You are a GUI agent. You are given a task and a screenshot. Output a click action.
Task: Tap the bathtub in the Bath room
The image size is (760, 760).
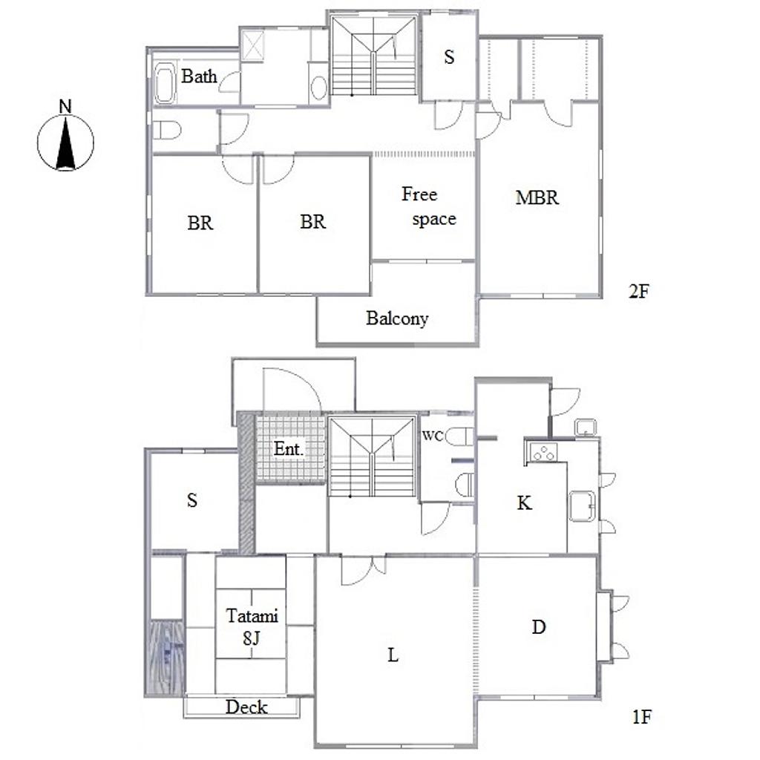click(165, 83)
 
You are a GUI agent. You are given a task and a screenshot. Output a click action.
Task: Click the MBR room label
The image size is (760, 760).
click(537, 197)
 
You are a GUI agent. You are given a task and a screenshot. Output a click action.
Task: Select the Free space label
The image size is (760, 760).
click(428, 206)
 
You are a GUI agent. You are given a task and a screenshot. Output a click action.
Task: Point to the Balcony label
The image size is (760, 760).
click(397, 318)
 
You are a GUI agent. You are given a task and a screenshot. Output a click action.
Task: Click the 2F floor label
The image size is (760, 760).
click(638, 291)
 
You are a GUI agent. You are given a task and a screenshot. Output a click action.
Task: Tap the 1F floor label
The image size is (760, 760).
click(642, 716)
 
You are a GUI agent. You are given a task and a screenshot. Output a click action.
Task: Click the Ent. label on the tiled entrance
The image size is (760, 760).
click(289, 449)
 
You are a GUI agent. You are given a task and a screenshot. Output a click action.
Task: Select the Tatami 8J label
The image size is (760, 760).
click(252, 626)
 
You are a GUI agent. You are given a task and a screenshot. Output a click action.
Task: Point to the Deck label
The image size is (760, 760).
click(246, 707)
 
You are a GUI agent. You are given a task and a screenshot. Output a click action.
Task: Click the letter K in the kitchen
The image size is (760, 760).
click(525, 503)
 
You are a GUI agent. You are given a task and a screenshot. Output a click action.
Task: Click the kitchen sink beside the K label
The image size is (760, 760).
click(582, 506)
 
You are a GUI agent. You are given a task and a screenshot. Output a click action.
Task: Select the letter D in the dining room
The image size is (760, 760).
click(539, 627)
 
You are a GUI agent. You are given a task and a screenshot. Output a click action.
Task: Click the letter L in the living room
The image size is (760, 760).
click(393, 655)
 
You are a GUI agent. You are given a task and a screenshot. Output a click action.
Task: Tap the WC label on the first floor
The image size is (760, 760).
click(433, 436)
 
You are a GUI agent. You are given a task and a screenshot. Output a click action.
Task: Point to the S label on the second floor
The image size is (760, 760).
click(449, 57)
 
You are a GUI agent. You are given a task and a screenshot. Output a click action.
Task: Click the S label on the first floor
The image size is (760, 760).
click(192, 499)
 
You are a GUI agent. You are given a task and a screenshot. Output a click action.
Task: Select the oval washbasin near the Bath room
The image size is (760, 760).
click(318, 88)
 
